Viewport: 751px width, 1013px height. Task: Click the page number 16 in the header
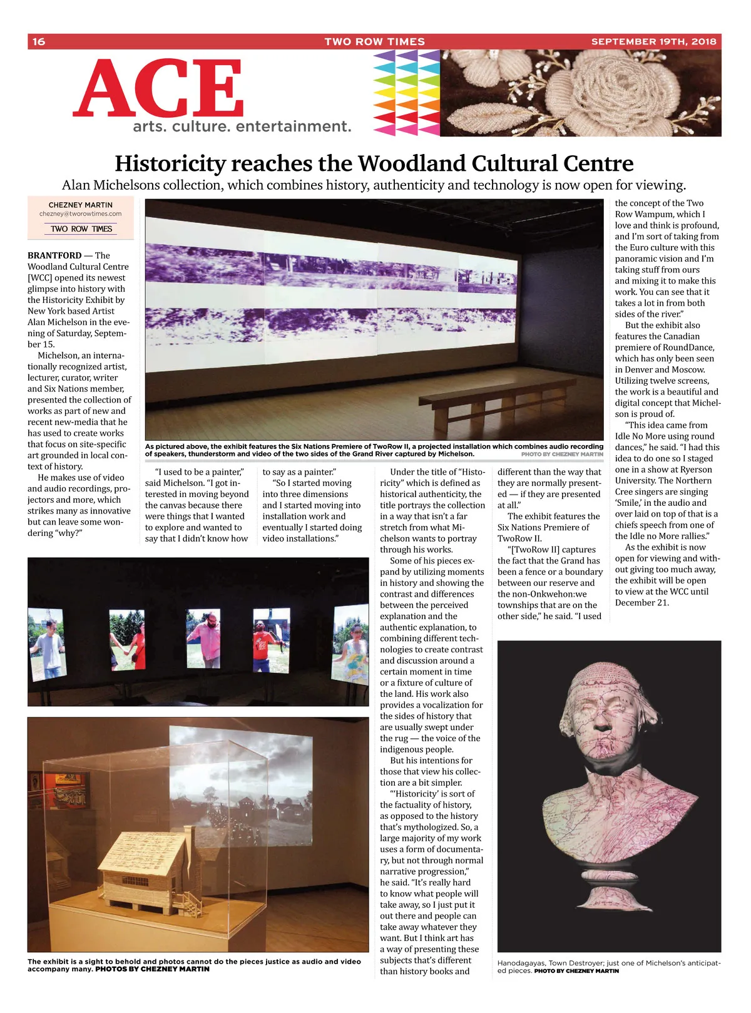point(39,42)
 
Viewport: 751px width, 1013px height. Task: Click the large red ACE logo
point(159,88)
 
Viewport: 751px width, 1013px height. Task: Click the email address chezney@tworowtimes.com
point(80,214)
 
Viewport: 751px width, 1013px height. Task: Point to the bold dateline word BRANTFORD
point(54,255)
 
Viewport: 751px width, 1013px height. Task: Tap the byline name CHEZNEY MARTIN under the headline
point(81,205)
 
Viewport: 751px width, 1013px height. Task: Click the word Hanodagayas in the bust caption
point(521,964)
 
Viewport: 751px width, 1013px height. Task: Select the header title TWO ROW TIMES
point(374,42)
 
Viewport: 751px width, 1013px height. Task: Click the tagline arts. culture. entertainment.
point(242,126)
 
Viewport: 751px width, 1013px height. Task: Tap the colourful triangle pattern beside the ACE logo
point(407,93)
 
